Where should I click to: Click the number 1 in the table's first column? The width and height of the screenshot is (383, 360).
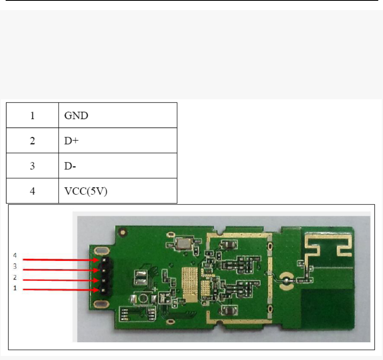[x=32, y=116]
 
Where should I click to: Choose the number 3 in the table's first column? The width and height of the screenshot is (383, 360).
[x=32, y=166]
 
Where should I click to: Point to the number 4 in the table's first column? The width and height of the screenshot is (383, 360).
[x=32, y=191]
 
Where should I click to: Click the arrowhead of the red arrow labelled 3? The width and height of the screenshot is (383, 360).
[x=97, y=270]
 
